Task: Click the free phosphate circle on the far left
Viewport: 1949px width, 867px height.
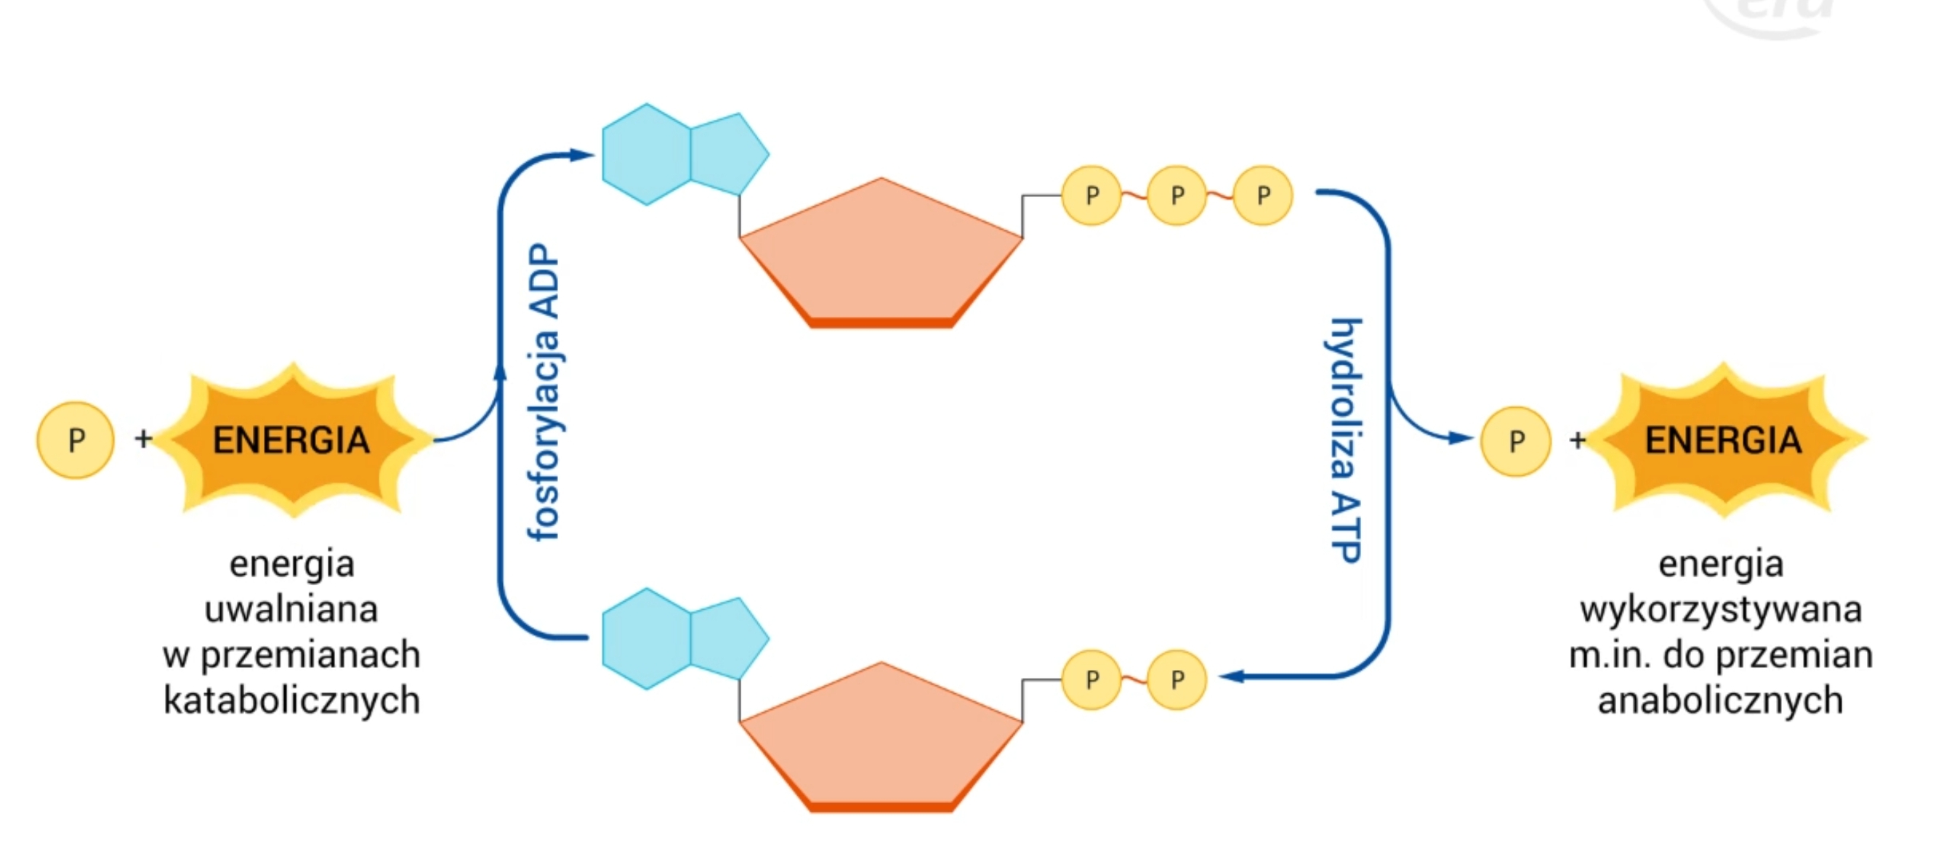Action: pos(76,440)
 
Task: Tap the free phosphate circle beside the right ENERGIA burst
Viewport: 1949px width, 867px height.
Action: pos(1515,441)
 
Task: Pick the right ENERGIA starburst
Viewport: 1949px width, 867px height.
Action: pos(1723,440)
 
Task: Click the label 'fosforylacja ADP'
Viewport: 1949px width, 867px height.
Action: pos(544,392)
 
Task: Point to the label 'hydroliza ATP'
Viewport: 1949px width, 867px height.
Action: pos(1346,440)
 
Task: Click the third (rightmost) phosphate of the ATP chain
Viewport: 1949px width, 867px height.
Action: pos(1263,196)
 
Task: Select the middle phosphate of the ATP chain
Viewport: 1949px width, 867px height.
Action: pos(1177,196)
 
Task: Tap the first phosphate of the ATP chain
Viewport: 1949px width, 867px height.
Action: pos(1091,196)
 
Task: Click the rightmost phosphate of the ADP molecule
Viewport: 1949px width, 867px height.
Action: pos(1177,680)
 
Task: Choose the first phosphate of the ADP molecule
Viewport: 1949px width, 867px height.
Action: pos(1091,680)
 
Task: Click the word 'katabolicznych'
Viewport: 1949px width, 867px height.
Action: pos(291,700)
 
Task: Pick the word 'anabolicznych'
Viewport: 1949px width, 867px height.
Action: pos(1720,700)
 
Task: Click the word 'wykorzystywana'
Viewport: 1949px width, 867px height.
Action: pos(1721,609)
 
